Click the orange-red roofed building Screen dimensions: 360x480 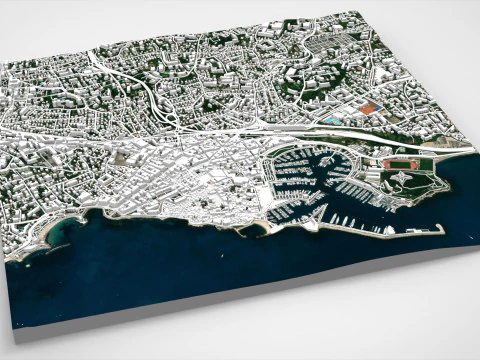[370, 108]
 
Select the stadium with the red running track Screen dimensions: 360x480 [404, 162]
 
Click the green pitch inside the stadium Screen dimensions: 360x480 [404, 162]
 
